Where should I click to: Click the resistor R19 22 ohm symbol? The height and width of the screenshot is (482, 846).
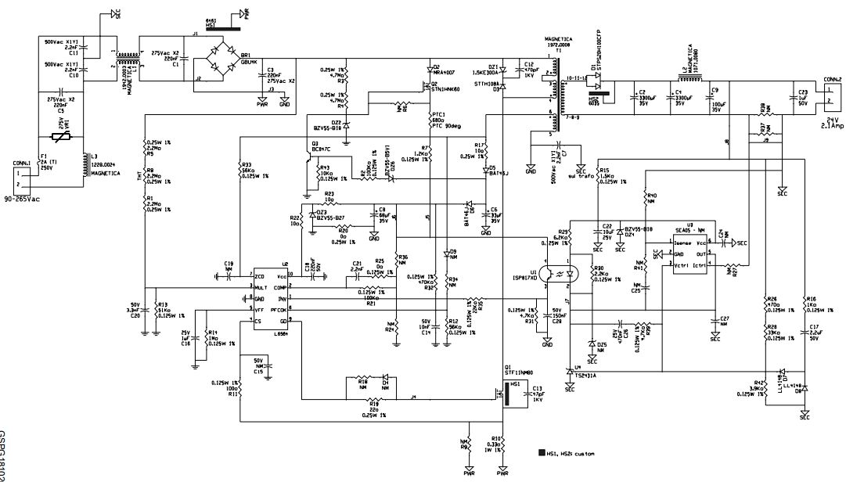373,402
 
